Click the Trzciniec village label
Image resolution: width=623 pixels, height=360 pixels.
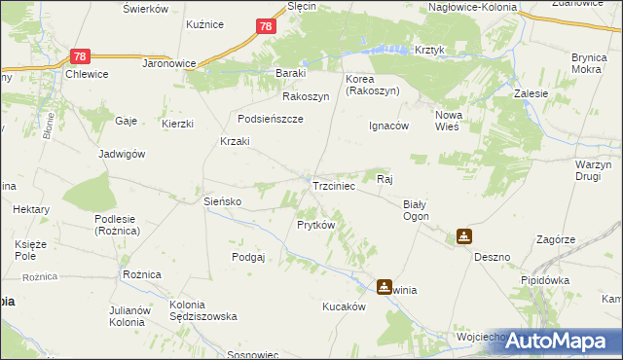pos(338,184)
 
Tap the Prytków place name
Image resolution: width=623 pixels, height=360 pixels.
pos(315,225)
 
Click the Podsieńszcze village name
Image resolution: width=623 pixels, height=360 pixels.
pos(272,119)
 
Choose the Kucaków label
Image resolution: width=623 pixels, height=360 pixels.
pos(344,306)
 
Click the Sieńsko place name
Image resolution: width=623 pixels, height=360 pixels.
pos(221,201)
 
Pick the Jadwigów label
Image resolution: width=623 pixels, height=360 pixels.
pos(122,154)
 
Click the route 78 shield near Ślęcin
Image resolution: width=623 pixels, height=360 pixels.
pos(266,27)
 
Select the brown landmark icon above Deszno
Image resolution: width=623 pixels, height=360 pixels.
pos(464,235)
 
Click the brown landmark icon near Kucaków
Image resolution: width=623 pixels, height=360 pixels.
pos(385,286)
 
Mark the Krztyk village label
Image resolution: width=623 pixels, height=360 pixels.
pos(429,50)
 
